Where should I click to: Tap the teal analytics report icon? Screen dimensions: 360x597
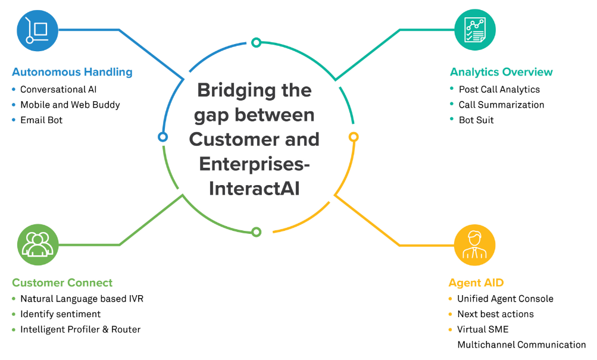(x=474, y=30)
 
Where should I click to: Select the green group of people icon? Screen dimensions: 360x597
(x=38, y=245)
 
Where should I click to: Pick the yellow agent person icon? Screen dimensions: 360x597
(x=474, y=245)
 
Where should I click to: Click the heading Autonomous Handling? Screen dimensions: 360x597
(x=72, y=72)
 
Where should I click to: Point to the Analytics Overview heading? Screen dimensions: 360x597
(x=501, y=72)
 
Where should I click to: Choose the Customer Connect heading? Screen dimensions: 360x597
(x=62, y=283)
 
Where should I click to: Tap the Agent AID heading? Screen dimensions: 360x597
(x=476, y=283)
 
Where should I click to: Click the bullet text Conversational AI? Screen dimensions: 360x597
(x=58, y=89)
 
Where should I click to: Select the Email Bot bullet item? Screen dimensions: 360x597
(x=41, y=120)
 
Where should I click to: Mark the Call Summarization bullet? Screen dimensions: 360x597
(x=501, y=105)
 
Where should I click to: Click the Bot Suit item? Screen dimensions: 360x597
(x=476, y=120)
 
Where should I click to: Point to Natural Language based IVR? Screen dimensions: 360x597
(x=82, y=299)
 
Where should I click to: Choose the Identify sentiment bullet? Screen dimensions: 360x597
(x=60, y=314)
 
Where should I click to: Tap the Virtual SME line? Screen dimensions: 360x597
(x=483, y=329)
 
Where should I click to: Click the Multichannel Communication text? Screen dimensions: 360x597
(x=521, y=345)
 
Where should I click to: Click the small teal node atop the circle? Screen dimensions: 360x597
(x=256, y=42)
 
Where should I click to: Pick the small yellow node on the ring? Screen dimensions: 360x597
(x=353, y=137)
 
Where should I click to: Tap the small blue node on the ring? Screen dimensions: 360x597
(x=162, y=137)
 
